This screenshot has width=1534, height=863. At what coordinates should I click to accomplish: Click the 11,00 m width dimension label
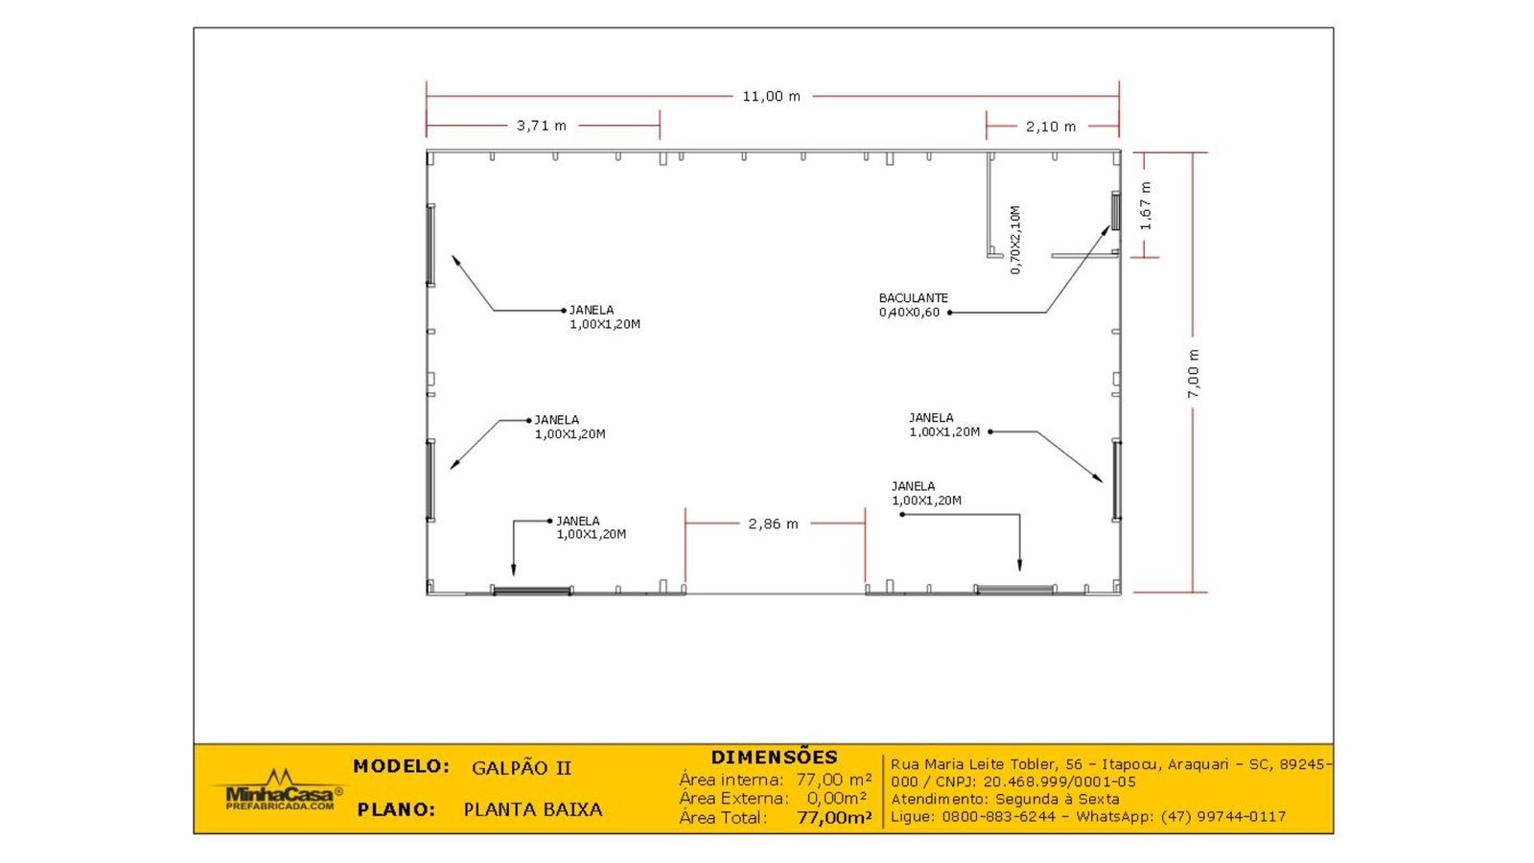(771, 96)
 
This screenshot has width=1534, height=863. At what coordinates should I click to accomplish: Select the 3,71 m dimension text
(542, 126)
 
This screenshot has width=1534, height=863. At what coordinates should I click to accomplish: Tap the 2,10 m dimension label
(1051, 127)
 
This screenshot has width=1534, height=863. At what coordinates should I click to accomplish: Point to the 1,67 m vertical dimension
(1146, 206)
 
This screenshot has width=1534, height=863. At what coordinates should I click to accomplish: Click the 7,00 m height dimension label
(1194, 374)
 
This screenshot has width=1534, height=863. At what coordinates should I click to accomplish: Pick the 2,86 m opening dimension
(773, 524)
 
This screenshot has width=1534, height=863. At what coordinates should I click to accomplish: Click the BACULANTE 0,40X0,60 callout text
(913, 305)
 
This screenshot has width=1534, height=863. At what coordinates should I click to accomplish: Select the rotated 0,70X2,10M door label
(1015, 240)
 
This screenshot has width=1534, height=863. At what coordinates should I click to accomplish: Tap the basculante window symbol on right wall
(1115, 210)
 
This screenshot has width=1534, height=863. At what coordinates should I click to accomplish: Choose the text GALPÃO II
(522, 768)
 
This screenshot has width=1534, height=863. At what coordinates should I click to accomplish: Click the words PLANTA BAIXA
(533, 809)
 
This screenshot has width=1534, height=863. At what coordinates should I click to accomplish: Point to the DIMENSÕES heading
(774, 757)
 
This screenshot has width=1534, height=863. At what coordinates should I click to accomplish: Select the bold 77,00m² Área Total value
(834, 818)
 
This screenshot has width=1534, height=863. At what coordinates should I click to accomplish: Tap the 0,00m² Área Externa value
(836, 798)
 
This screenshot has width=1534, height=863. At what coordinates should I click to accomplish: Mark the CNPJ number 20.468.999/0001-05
(1059, 781)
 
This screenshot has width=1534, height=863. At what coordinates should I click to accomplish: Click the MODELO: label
(401, 766)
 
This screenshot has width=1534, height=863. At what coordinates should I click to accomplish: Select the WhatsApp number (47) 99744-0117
(1222, 817)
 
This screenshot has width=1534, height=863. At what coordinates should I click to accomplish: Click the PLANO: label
(396, 809)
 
